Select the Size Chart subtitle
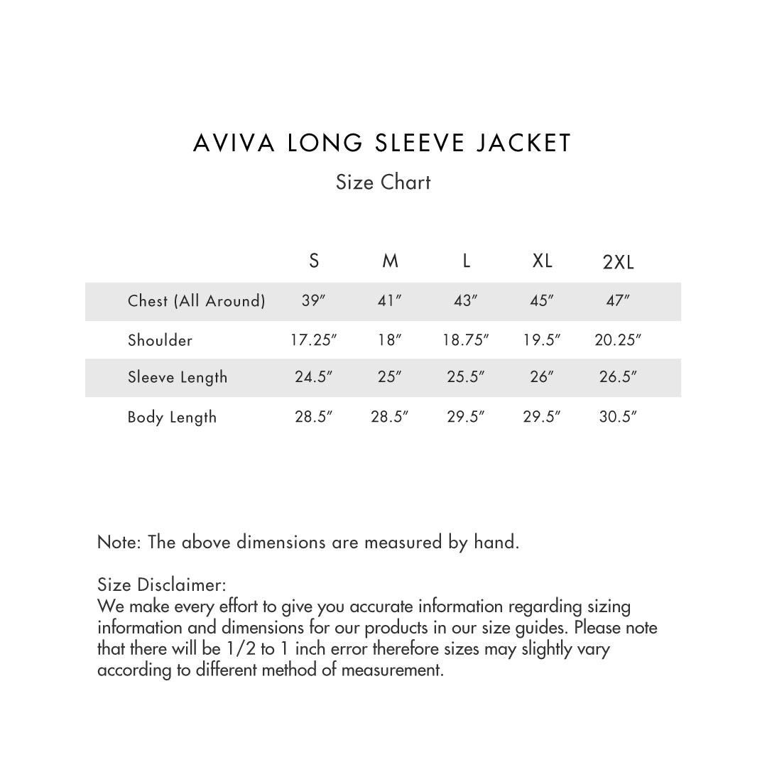pyautogui.click(x=383, y=183)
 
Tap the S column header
pyautogui.click(x=314, y=261)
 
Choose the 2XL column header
pyautogui.click(x=618, y=263)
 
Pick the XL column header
pyautogui.click(x=542, y=261)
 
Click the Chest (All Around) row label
pyautogui.click(x=196, y=301)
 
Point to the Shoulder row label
pyautogui.click(x=160, y=340)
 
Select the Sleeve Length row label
pyautogui.click(x=178, y=377)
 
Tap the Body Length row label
pyautogui.click(x=172, y=417)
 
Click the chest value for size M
pyautogui.click(x=390, y=301)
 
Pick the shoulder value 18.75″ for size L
pyautogui.click(x=466, y=340)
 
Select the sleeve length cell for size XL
pyautogui.click(x=542, y=377)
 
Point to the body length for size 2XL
pyautogui.click(x=618, y=417)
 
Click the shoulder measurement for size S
pyautogui.click(x=313, y=340)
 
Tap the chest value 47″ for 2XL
pyautogui.click(x=618, y=301)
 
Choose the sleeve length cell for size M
pyautogui.click(x=390, y=377)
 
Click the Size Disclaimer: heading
pyautogui.click(x=161, y=585)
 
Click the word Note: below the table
pyautogui.click(x=120, y=543)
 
